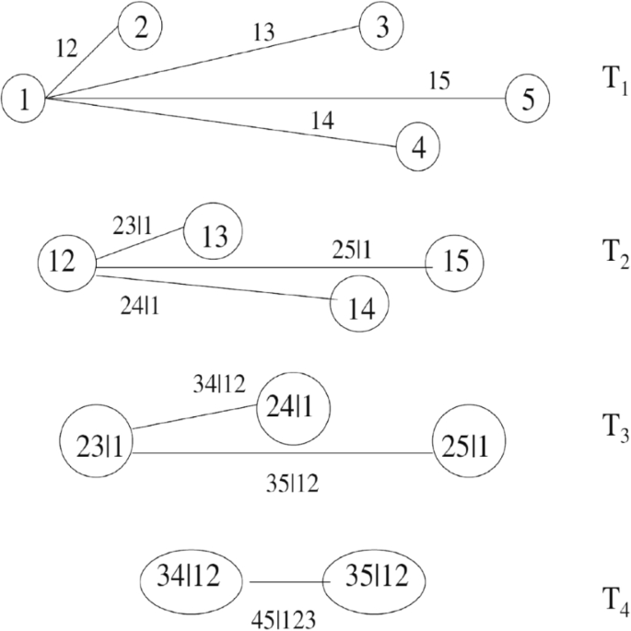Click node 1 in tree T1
(x=24, y=98)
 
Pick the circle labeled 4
(x=419, y=146)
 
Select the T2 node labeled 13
(x=213, y=232)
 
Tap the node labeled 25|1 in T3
(x=469, y=443)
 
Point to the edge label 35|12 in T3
(x=292, y=481)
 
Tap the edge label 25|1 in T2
(x=354, y=251)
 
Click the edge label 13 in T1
(x=263, y=34)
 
